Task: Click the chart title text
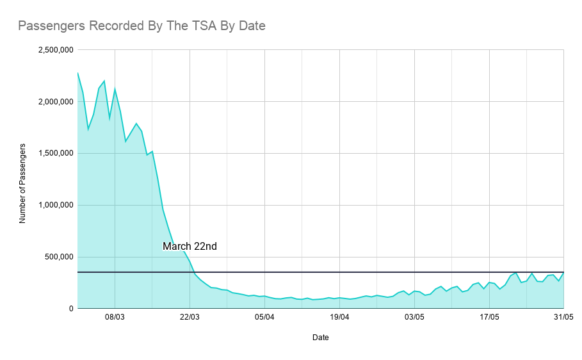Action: click(x=141, y=26)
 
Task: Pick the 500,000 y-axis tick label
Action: click(x=59, y=258)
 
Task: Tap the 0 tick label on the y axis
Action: click(x=70, y=309)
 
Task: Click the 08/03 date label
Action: click(x=115, y=316)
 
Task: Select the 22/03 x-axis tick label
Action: click(x=190, y=316)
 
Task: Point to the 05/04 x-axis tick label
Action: click(x=264, y=316)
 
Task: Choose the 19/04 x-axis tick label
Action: click(x=339, y=316)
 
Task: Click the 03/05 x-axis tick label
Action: click(x=414, y=316)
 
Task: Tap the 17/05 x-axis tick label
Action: click(x=489, y=316)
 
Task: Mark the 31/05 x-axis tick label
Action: click(x=563, y=316)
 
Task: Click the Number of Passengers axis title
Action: click(x=23, y=183)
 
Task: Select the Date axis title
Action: click(x=321, y=337)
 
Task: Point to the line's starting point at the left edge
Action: click(x=77, y=73)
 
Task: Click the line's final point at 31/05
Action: click(x=563, y=273)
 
